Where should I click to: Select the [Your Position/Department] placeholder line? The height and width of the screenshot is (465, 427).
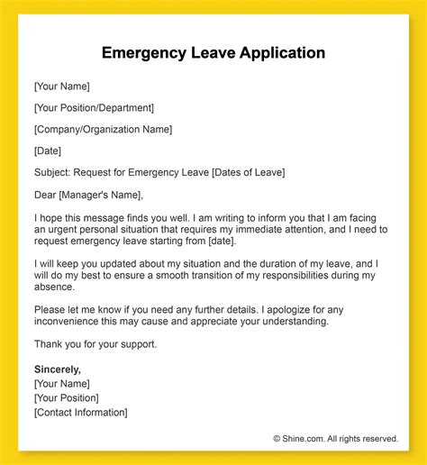[x=94, y=108]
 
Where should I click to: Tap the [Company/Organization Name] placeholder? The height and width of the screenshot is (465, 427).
[x=103, y=130]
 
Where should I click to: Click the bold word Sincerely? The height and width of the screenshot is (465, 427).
[x=57, y=369]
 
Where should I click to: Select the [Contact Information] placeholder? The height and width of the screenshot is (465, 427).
[x=80, y=412]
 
